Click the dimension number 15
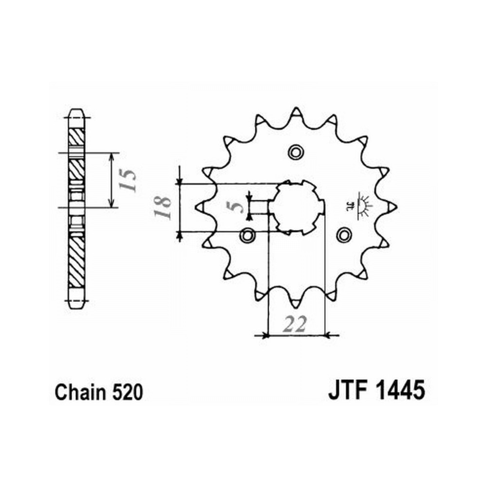pos(128,180)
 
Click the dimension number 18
pos(163,207)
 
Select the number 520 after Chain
pos(128,392)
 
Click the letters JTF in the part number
pos(347,390)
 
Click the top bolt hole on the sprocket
pos(295,152)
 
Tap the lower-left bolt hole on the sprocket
pos(247,235)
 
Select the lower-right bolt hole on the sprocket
pos(343,235)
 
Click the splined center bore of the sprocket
pos(296,207)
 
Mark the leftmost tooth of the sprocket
pos(201,207)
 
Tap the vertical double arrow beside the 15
pos(112,180)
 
